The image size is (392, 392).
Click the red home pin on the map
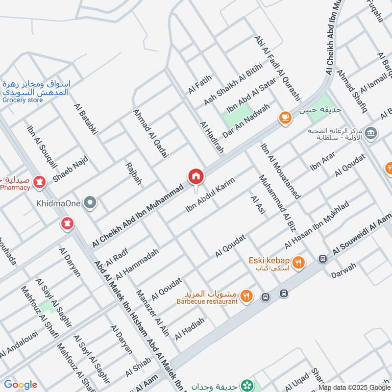coord(195,176)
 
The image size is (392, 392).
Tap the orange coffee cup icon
coord(285,118)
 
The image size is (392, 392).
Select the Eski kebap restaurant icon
coord(299,264)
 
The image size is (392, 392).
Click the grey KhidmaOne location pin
coord(90,202)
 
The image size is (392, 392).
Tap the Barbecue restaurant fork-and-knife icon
coord(246,296)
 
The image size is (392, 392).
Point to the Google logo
coord(20,385)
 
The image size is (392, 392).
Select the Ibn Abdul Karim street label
coord(210,195)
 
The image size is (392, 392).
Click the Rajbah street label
coord(134,173)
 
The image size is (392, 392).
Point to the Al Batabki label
coord(86,119)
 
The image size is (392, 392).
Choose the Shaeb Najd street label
coord(70,169)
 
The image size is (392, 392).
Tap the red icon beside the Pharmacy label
coord(39,183)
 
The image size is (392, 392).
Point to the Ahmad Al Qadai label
coord(150,133)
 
